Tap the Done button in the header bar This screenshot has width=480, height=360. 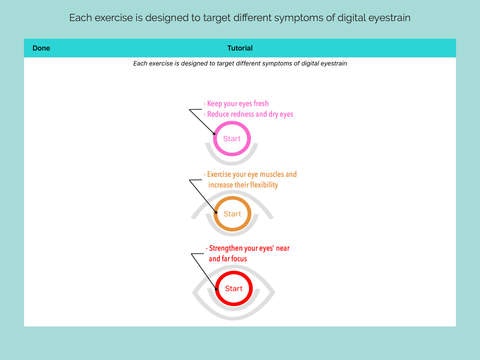pyautogui.click(x=41, y=48)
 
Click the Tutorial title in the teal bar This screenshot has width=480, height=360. pyautogui.click(x=240, y=48)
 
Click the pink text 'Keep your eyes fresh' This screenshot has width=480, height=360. pyautogui.click(x=238, y=104)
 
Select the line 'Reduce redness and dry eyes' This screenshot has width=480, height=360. pyautogui.click(x=250, y=114)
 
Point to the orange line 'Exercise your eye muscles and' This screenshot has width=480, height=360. pyautogui.click(x=252, y=174)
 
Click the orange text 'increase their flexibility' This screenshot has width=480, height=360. pyautogui.click(x=243, y=185)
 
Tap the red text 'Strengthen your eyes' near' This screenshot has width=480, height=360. pyautogui.click(x=249, y=248)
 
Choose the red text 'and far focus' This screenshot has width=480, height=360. pyautogui.click(x=228, y=259)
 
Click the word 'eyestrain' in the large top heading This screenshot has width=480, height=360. pyautogui.click(x=389, y=18)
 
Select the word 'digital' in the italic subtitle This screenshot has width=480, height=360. pyautogui.click(x=311, y=63)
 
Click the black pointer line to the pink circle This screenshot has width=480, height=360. pyautogui.click(x=202, y=122)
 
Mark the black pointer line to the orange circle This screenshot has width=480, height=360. pyautogui.click(x=203, y=196)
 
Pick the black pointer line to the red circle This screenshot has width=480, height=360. pyautogui.click(x=204, y=271)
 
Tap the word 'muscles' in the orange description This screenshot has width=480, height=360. pyautogui.click(x=272, y=174)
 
